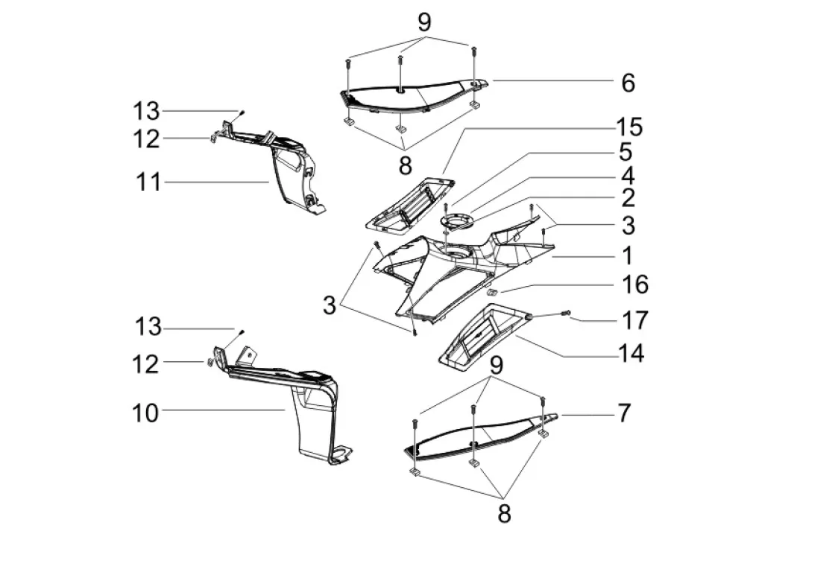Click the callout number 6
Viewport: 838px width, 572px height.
(628, 83)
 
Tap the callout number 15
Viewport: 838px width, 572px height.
(629, 127)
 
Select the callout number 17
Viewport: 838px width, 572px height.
(635, 320)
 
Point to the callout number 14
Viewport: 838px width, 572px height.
(631, 353)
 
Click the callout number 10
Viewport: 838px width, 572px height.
(145, 413)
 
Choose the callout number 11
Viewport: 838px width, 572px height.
(148, 182)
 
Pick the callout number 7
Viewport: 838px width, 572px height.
(624, 413)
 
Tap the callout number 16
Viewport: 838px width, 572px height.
(635, 284)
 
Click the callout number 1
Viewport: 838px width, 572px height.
(628, 255)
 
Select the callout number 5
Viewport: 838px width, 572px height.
(626, 152)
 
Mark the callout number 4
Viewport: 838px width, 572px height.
(628, 176)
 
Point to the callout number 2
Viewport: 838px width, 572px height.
(628, 197)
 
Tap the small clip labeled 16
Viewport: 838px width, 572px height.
(492, 292)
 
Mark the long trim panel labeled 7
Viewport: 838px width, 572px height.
(480, 434)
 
